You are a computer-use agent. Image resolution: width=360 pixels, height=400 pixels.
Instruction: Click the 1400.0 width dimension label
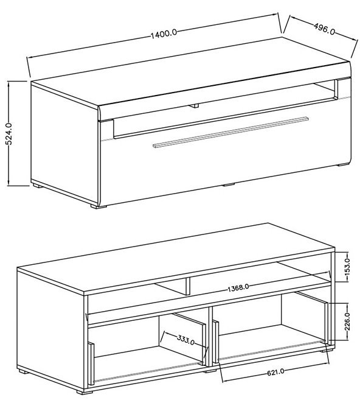tap(164, 33)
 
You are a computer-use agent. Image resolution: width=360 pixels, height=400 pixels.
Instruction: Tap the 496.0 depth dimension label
tap(324, 29)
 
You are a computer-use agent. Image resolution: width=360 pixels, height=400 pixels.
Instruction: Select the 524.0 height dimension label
tap(9, 133)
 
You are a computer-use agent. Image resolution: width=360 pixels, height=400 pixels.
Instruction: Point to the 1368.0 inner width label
tap(238, 288)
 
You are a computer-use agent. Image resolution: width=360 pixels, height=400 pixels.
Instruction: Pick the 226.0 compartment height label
tap(347, 321)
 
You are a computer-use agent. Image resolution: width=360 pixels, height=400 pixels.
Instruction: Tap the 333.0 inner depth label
tap(185, 340)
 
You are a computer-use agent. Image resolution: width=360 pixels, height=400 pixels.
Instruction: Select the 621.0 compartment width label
tap(275, 373)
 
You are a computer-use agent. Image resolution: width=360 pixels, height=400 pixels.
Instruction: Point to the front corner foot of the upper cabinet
tap(95, 206)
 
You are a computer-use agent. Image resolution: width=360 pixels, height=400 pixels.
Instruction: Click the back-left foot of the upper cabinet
tap(36, 186)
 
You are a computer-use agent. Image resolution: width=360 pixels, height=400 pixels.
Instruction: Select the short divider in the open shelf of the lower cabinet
tap(187, 286)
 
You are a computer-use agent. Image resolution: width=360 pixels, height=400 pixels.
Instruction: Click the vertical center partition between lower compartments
tap(210, 336)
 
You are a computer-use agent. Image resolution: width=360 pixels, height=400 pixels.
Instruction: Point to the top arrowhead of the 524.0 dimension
tap(9, 84)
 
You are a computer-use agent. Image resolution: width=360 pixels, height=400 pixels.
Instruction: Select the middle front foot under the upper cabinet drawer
tap(229, 184)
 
